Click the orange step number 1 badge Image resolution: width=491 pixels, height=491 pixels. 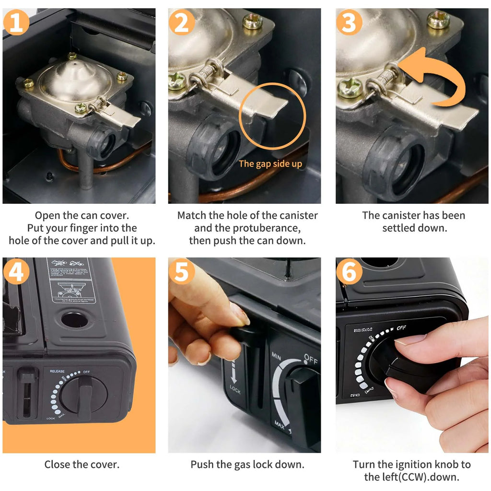[x=16, y=23]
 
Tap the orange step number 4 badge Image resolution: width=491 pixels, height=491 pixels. [x=16, y=272]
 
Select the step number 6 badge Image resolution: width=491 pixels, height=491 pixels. [x=350, y=272]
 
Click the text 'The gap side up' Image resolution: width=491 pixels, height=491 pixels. [x=270, y=164]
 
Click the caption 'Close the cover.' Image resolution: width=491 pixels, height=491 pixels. [x=82, y=464]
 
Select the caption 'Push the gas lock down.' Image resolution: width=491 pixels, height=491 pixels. [x=247, y=464]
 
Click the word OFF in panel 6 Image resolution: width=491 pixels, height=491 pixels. [x=402, y=328]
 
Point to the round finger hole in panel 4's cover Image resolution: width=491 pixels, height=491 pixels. [x=75, y=320]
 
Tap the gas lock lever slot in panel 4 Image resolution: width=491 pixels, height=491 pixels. [x=26, y=393]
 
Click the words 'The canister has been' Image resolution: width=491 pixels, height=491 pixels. [x=413, y=215]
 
